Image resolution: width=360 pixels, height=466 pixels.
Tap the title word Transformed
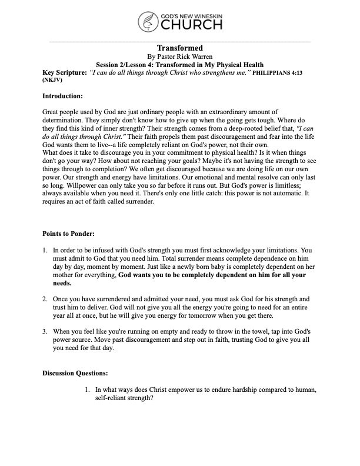(180, 48)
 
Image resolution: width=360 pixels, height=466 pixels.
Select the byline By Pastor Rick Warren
(180, 56)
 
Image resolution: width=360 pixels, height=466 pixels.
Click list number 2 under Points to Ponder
(45, 299)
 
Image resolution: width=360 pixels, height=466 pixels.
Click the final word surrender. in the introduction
(138, 201)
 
